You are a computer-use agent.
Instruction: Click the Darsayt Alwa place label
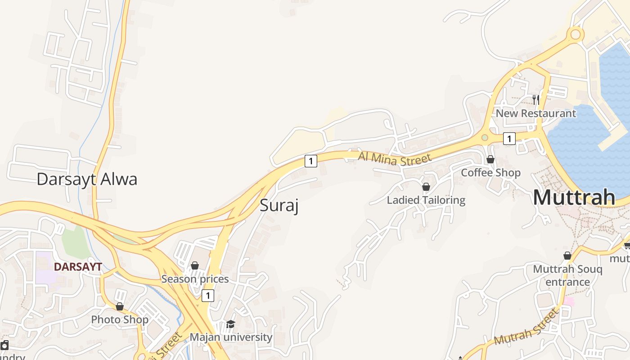(87, 179)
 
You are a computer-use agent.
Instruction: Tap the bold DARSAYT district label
(78, 266)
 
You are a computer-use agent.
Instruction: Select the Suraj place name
(279, 206)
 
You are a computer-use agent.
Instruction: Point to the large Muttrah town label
(574, 198)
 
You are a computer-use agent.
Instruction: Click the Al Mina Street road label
(395, 158)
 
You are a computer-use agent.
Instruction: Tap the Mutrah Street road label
(525, 327)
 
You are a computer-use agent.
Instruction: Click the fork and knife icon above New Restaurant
(535, 99)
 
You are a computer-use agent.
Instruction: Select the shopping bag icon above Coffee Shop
(490, 159)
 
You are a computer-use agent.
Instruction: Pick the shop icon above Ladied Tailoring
(426, 186)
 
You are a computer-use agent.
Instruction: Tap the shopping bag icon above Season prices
(195, 265)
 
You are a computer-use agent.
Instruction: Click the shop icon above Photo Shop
(120, 306)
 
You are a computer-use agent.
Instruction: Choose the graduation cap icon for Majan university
(230, 324)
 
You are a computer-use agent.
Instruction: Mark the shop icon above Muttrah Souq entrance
(567, 256)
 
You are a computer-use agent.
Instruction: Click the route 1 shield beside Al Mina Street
(310, 161)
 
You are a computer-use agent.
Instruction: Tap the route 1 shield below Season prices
(207, 296)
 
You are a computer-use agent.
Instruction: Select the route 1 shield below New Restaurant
(509, 139)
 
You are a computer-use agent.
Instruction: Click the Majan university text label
(231, 337)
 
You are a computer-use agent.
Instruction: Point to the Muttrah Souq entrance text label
(567, 275)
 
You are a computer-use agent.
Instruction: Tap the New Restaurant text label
(535, 113)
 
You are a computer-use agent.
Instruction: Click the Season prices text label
(195, 279)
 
